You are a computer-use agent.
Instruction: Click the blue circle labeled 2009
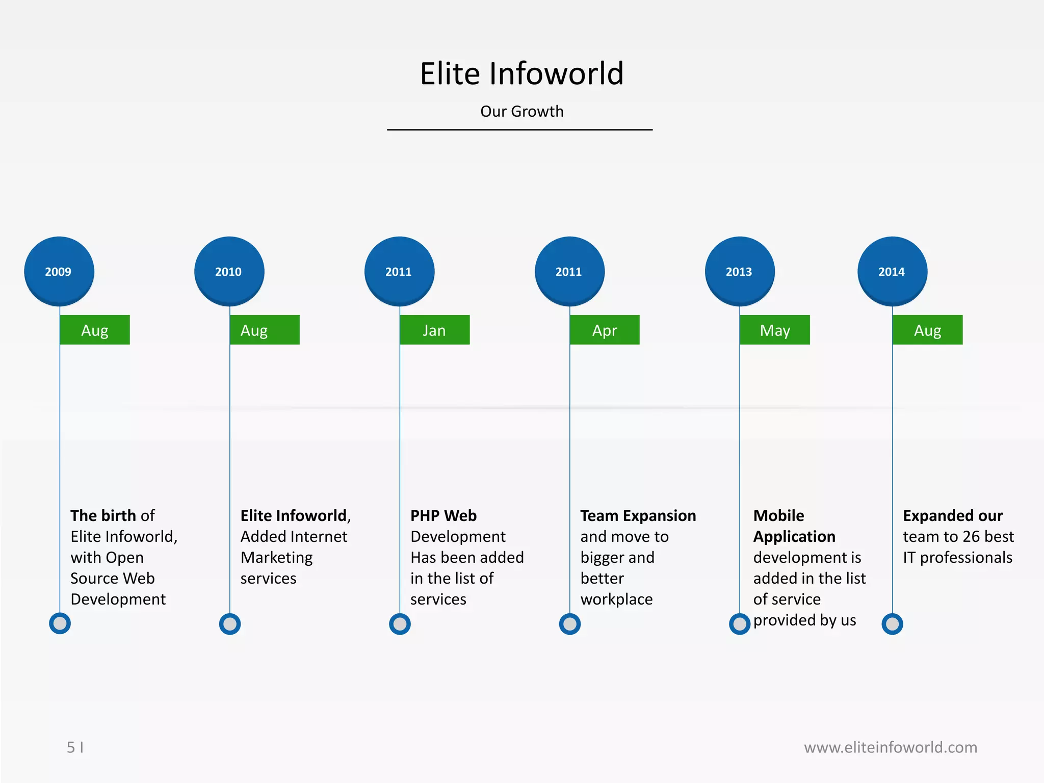coord(59,271)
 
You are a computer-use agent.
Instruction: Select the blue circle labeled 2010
coord(229,271)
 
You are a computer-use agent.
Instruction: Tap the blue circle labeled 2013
coord(740,271)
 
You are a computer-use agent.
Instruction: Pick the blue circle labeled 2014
coord(892,271)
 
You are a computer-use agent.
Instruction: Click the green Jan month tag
coord(435,330)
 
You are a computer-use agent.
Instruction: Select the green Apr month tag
coord(605,330)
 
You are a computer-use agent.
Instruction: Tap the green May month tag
coord(775,330)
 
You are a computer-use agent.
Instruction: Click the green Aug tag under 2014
coord(927,330)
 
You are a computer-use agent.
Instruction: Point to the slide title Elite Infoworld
coord(521,73)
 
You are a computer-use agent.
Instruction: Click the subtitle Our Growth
coord(521,111)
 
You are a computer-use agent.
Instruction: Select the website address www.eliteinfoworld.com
coord(890,747)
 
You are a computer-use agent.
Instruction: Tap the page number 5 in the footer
coord(71,747)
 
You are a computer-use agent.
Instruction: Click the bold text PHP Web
coord(443,515)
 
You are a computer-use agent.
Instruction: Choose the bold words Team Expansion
coord(638,515)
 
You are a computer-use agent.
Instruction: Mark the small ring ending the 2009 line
coord(60,623)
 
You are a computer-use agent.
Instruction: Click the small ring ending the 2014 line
coord(892,623)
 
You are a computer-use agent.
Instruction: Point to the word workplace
coord(616,599)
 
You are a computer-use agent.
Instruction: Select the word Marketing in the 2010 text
coord(276,557)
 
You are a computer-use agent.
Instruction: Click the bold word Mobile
coord(778,515)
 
